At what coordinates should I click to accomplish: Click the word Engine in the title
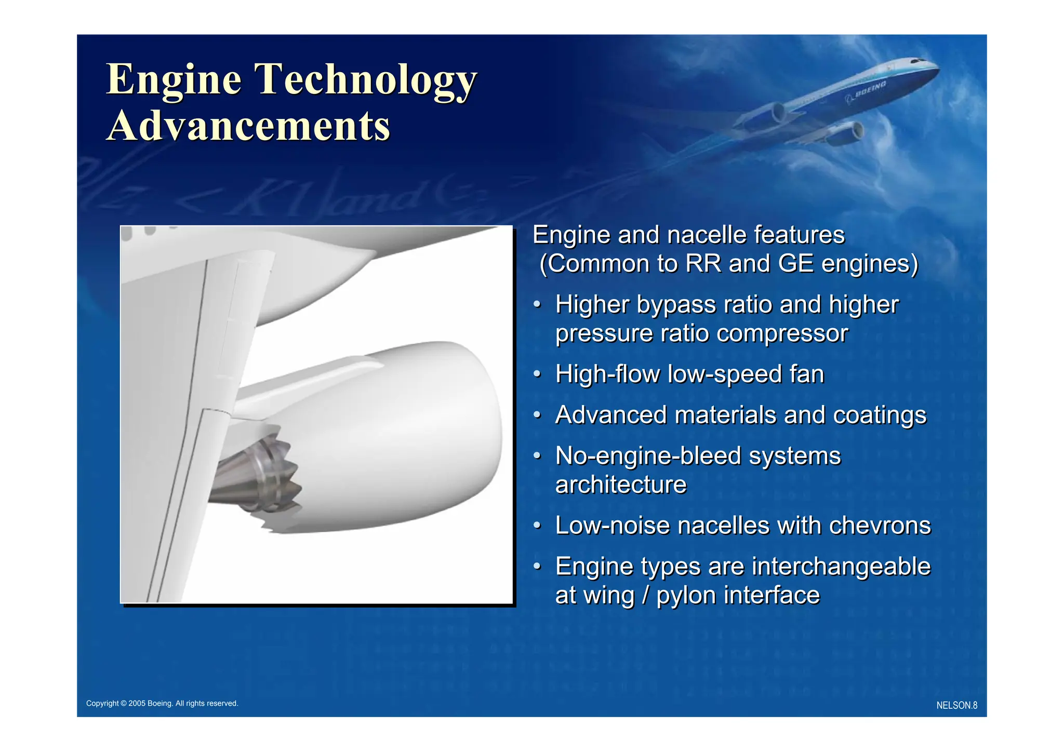(174, 79)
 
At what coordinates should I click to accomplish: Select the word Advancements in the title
(248, 126)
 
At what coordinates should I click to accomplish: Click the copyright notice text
(162, 703)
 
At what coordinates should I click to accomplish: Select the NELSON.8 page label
(956, 705)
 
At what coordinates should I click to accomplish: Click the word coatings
(880, 415)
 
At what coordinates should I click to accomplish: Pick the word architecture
(621, 485)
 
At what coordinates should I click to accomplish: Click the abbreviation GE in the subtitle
(796, 263)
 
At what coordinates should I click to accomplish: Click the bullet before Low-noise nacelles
(538, 525)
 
